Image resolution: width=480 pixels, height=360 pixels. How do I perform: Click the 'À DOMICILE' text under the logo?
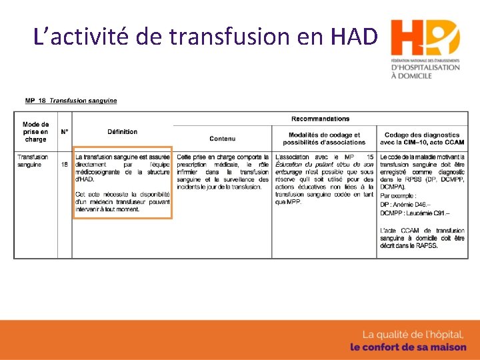411,76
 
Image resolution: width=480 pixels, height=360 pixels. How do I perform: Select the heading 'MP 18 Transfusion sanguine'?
71,101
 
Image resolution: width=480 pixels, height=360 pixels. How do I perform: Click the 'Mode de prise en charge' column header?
36,132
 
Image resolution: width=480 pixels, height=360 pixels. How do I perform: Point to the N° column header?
65,132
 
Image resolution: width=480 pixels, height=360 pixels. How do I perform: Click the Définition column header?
122,132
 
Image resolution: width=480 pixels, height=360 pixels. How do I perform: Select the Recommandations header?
320,119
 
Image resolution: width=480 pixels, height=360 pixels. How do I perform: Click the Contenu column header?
222,139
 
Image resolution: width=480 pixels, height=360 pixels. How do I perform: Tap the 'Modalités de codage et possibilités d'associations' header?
324,139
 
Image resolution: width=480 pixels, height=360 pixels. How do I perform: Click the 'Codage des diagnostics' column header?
422,139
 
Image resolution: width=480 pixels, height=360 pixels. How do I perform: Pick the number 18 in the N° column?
65,164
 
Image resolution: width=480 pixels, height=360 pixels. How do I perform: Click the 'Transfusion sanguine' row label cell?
33,161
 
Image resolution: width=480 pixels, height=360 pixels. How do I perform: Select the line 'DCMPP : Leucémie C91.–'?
415,213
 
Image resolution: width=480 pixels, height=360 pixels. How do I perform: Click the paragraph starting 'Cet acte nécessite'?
123,201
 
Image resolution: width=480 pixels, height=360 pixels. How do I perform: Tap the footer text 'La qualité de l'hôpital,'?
412,335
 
